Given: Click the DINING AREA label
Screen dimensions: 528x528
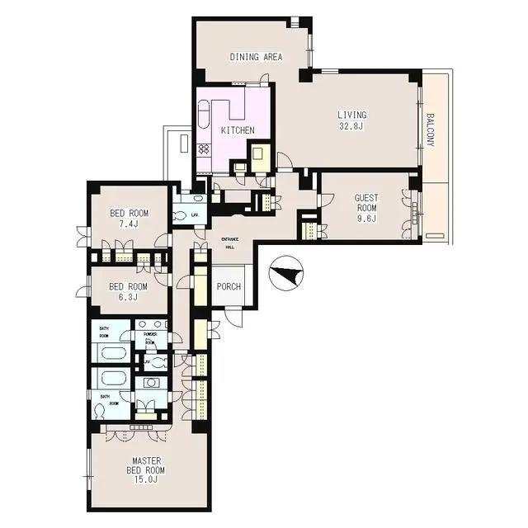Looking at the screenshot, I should (x=256, y=57).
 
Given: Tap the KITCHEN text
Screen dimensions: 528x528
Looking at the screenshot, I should (x=237, y=131).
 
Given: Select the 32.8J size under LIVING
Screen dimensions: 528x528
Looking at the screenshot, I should (x=351, y=126).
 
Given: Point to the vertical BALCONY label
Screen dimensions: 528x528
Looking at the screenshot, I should (x=430, y=130).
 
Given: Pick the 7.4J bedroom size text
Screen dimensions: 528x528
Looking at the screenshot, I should (x=128, y=224).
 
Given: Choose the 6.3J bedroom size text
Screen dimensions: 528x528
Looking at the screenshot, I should (x=128, y=298).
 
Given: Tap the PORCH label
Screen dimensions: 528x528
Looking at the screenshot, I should (x=229, y=287).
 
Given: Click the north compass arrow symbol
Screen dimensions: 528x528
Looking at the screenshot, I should (x=286, y=274).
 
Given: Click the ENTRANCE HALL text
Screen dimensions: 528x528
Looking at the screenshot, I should (x=230, y=243).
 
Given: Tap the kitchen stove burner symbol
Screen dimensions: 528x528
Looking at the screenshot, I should (x=204, y=149).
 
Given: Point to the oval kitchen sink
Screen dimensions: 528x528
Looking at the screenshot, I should (x=203, y=119).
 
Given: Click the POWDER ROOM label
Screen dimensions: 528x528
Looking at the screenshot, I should (x=150, y=337).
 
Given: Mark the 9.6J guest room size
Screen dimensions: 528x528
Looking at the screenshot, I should (x=365, y=219).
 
